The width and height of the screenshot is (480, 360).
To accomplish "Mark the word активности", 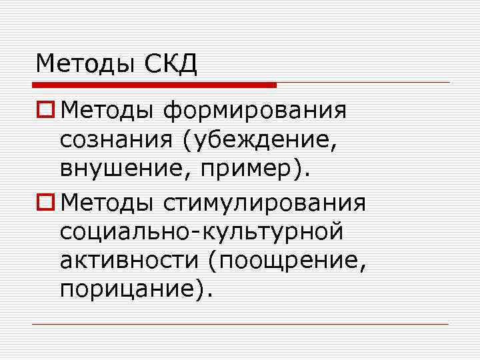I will click(x=127, y=263).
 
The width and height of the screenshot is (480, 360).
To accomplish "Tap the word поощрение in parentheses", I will click(x=287, y=263).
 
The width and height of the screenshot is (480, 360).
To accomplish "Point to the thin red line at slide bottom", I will click(x=240, y=324).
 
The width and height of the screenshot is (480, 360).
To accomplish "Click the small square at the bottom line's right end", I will click(x=451, y=324).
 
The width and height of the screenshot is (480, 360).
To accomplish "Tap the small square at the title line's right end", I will click(x=451, y=83).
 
